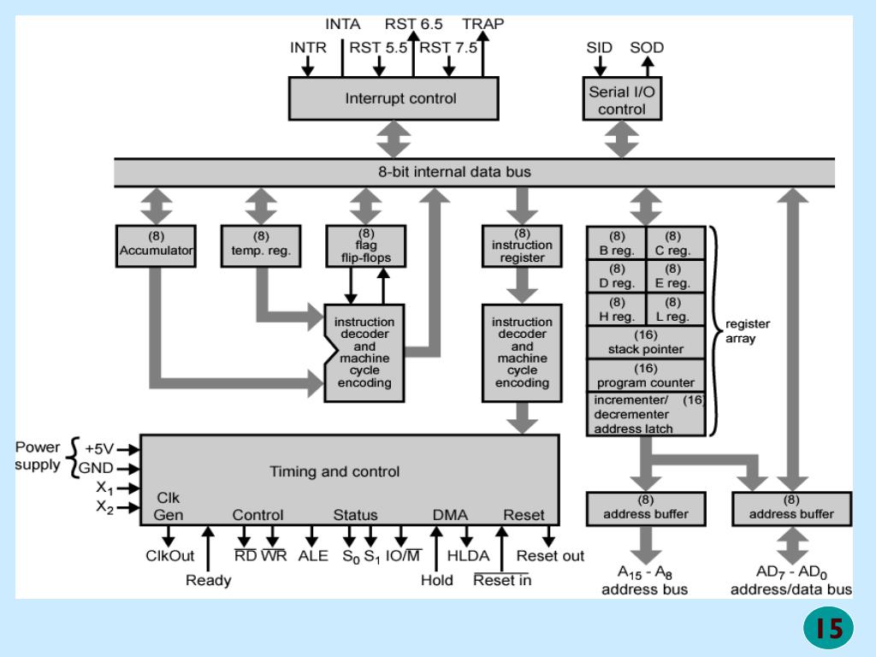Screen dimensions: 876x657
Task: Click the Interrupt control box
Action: click(394, 98)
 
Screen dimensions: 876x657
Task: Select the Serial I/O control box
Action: click(622, 99)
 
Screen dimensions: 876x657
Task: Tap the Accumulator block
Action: click(156, 246)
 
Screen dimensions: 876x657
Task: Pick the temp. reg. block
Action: click(261, 246)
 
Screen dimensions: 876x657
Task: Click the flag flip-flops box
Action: click(366, 246)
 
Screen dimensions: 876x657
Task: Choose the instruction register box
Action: click(522, 246)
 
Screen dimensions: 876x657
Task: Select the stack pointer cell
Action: click(646, 342)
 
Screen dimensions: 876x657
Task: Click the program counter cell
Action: click(646, 376)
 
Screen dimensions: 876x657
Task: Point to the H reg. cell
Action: click(617, 310)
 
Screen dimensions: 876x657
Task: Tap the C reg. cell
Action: click(675, 243)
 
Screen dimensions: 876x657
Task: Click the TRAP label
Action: click(482, 24)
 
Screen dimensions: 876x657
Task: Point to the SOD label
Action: click(647, 48)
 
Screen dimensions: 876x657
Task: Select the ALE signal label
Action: click(313, 556)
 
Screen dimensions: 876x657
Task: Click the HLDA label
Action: click(468, 556)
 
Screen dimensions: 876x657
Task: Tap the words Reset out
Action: click(550, 556)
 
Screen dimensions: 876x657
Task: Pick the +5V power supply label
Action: click(99, 448)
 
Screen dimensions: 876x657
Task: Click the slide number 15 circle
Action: click(828, 628)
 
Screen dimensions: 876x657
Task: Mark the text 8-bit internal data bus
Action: click(454, 171)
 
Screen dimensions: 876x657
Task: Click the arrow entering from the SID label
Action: click(600, 67)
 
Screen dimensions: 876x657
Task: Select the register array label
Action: click(747, 331)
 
